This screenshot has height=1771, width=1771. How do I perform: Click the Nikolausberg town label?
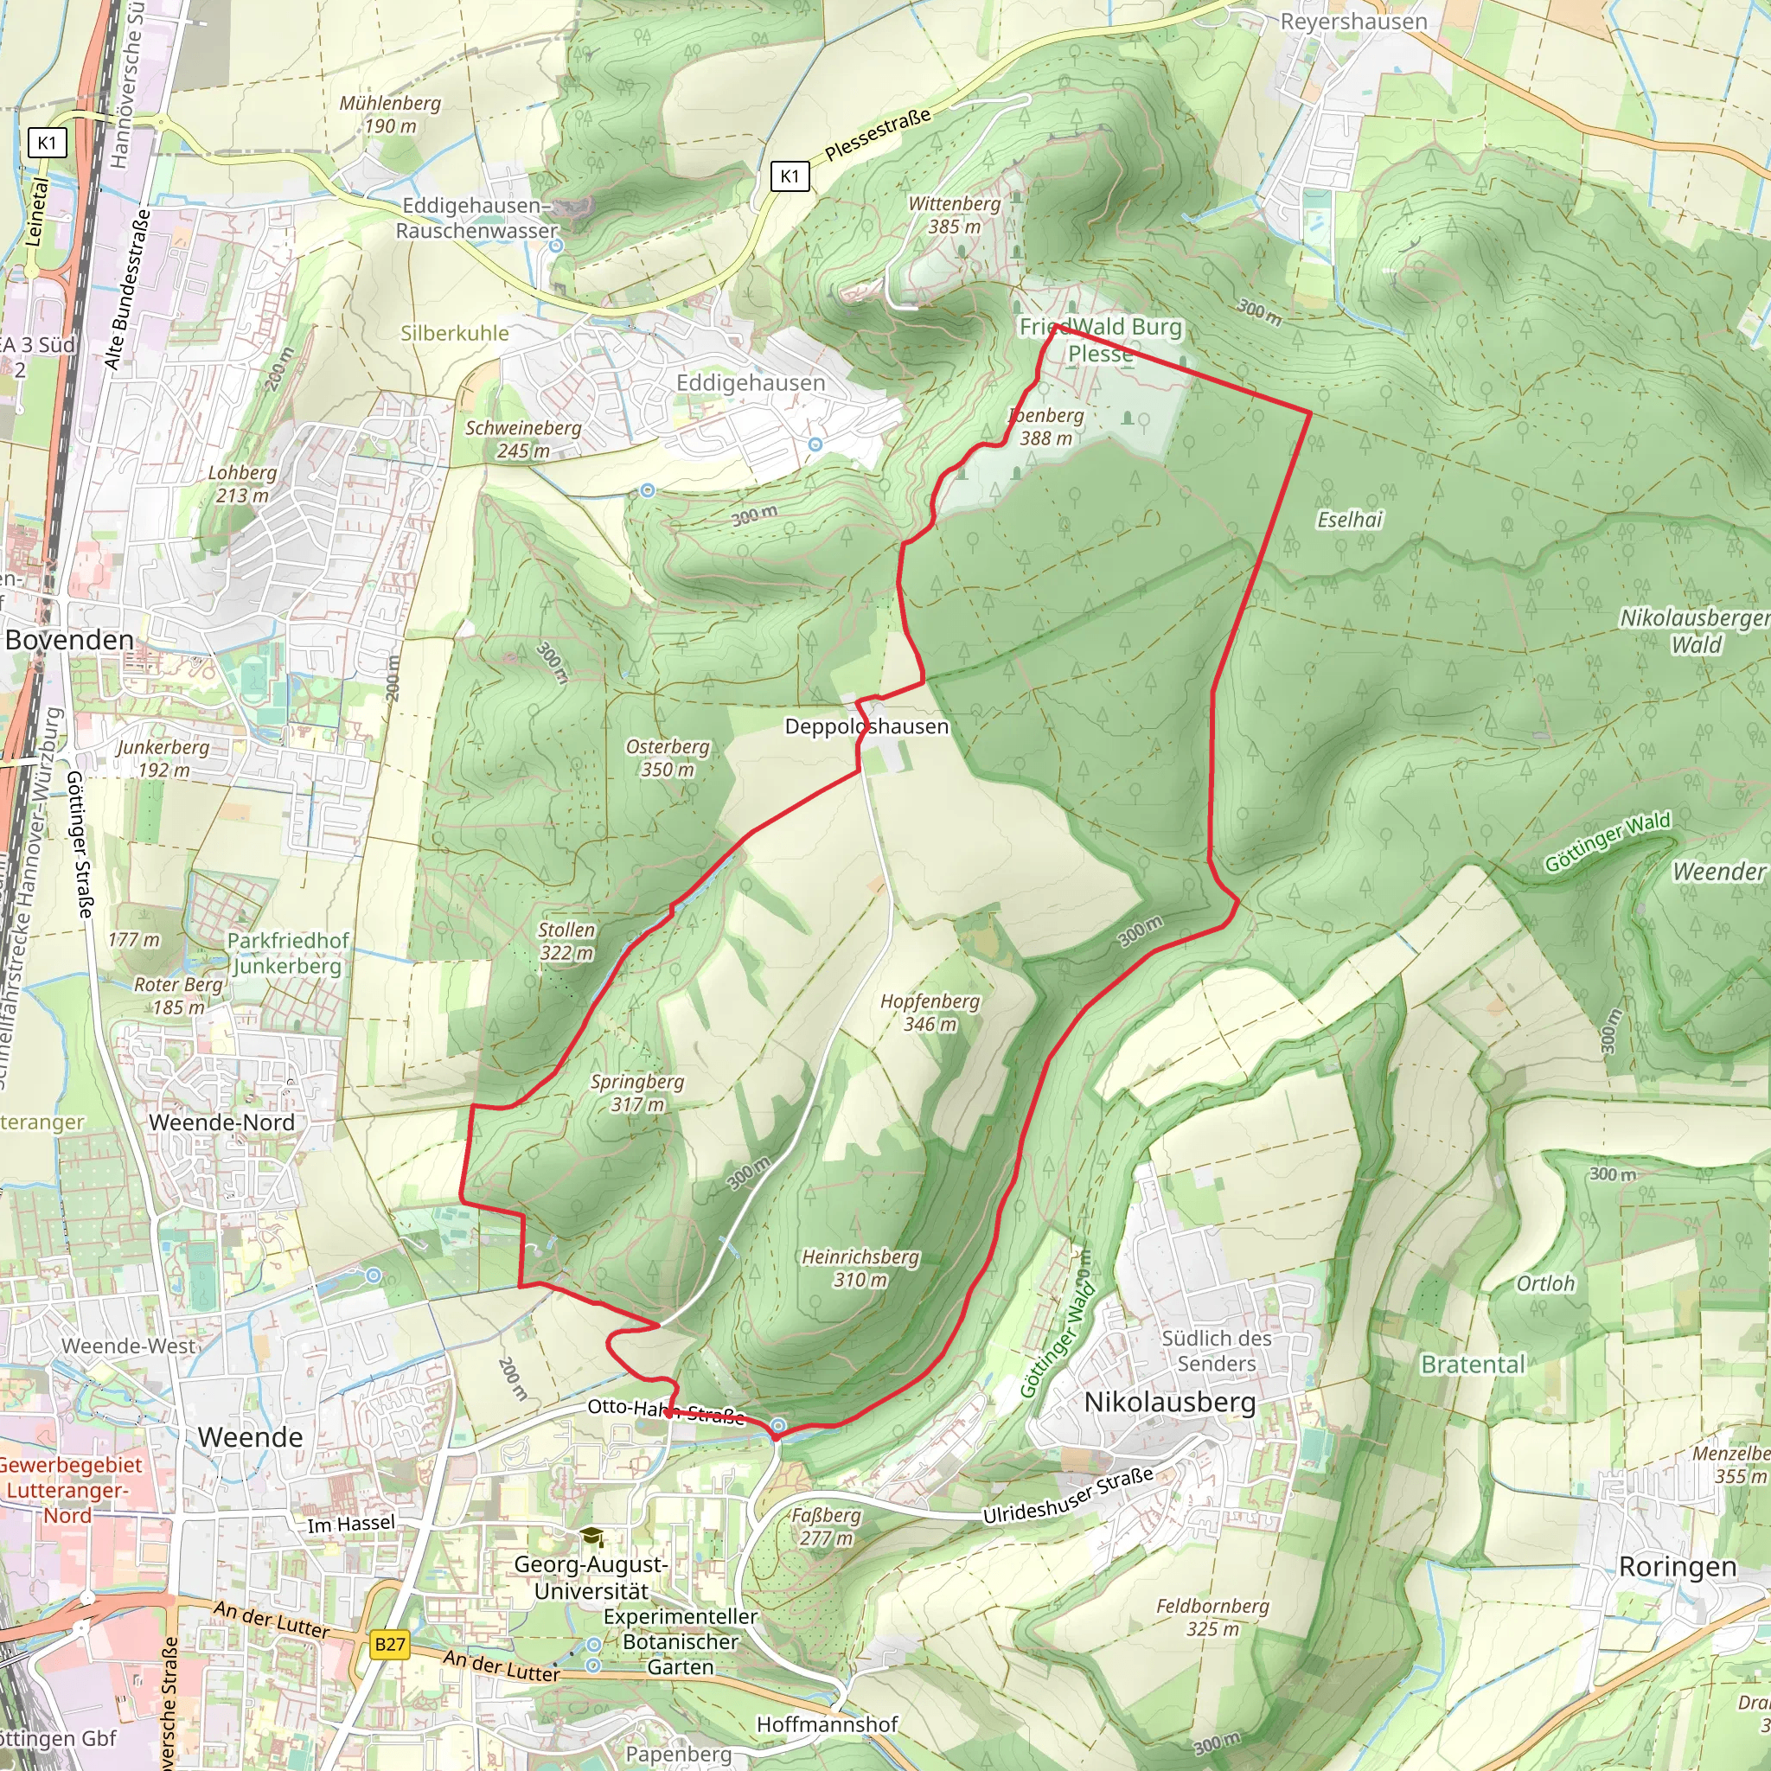pyautogui.click(x=1170, y=1402)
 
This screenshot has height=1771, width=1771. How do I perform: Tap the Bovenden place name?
pyautogui.click(x=70, y=639)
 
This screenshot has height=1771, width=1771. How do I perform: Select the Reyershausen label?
pyautogui.click(x=1353, y=21)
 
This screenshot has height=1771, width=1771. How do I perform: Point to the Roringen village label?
pyautogui.click(x=1677, y=1567)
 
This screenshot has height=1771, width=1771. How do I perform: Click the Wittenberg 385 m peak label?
pyautogui.click(x=955, y=214)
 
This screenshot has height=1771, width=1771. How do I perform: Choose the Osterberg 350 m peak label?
pyautogui.click(x=668, y=758)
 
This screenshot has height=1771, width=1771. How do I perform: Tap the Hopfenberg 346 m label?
pyautogui.click(x=930, y=1012)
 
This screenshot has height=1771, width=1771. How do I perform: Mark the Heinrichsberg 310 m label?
pyautogui.click(x=860, y=1268)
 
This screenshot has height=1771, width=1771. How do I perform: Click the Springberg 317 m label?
pyautogui.click(x=637, y=1093)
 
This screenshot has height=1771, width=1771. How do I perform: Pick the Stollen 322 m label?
pyautogui.click(x=566, y=941)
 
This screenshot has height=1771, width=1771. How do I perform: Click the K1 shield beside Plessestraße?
pyautogui.click(x=790, y=176)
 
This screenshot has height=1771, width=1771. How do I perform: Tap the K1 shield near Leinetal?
pyautogui.click(x=47, y=142)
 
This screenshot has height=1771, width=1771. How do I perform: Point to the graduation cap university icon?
pyautogui.click(x=592, y=1538)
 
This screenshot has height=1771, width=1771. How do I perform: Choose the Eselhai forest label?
pyautogui.click(x=1349, y=520)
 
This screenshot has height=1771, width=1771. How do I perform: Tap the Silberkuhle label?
pyautogui.click(x=455, y=333)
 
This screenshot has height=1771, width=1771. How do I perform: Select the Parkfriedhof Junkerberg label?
pyautogui.click(x=287, y=953)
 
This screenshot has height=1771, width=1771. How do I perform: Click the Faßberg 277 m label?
pyautogui.click(x=826, y=1526)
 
